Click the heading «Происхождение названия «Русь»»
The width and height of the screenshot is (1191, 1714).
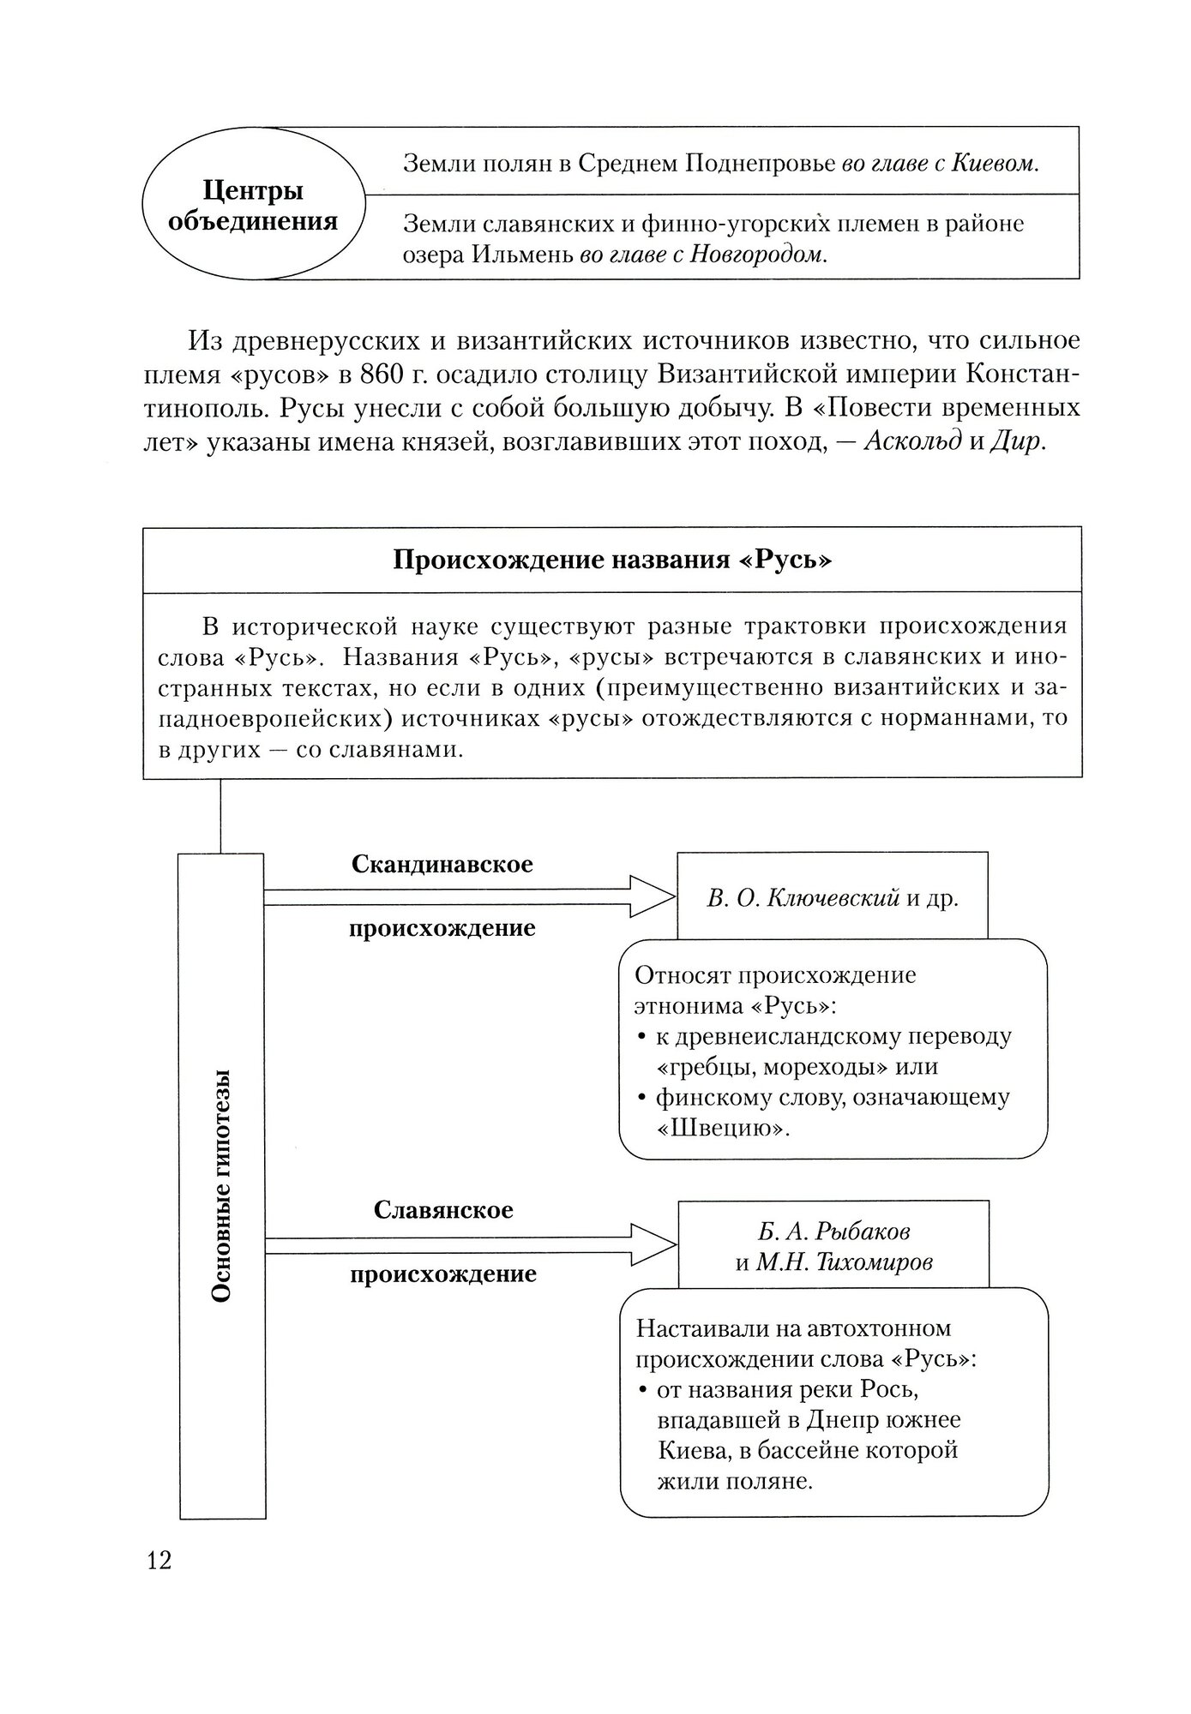point(612,560)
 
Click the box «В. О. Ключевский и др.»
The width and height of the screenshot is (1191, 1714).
point(832,898)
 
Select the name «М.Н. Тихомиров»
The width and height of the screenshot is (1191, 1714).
point(844,1262)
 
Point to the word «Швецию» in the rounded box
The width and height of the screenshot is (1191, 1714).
point(722,1127)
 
